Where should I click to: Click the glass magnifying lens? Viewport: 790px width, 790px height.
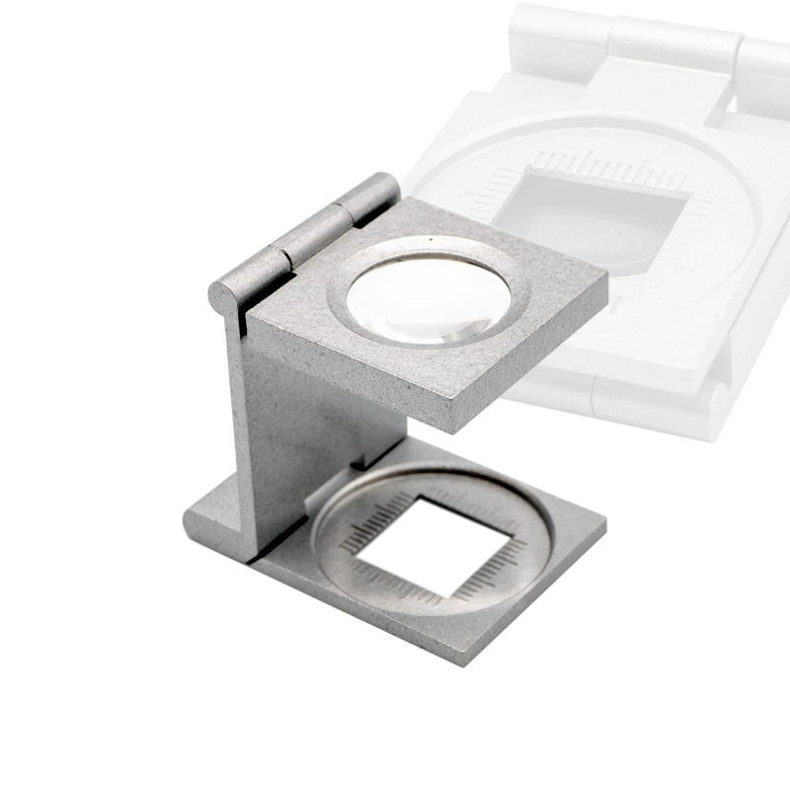[429, 292]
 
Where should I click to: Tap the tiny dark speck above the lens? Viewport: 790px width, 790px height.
[432, 238]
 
